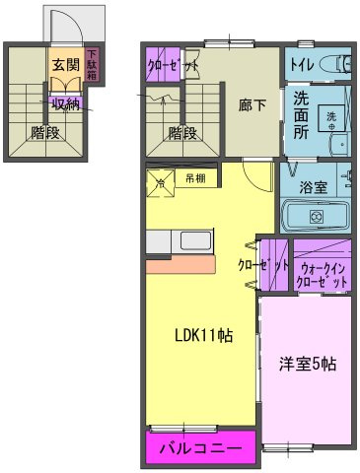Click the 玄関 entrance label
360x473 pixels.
point(64,65)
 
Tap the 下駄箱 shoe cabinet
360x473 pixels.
point(92,66)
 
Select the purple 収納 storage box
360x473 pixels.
point(66,101)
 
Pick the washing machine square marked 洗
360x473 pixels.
point(332,115)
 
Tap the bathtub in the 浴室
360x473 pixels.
point(317,215)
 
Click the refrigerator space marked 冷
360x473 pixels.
point(160,181)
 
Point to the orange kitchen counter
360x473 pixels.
point(181,265)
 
